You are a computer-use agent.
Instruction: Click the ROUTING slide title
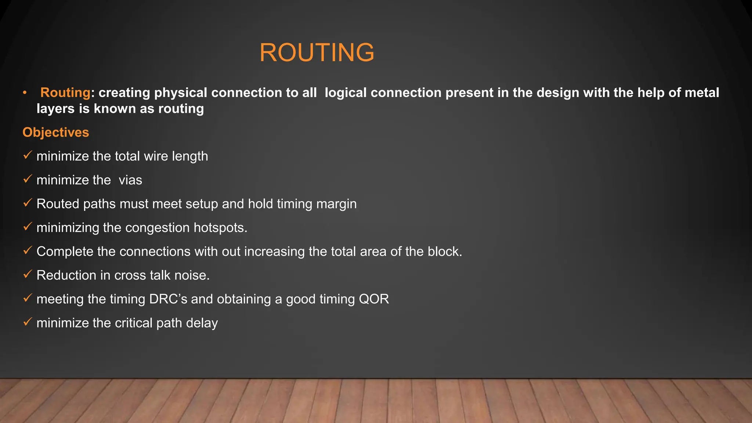317,52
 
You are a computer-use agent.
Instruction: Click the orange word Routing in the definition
65,93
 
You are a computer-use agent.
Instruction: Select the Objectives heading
56,132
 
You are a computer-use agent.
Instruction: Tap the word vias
130,180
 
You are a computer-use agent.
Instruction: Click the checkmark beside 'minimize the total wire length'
28,155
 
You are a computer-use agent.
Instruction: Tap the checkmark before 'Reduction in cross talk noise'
28,274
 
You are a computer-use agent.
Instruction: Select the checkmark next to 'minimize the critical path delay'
28,322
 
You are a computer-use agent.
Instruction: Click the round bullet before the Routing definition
25,93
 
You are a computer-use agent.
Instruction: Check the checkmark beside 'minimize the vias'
28,179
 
